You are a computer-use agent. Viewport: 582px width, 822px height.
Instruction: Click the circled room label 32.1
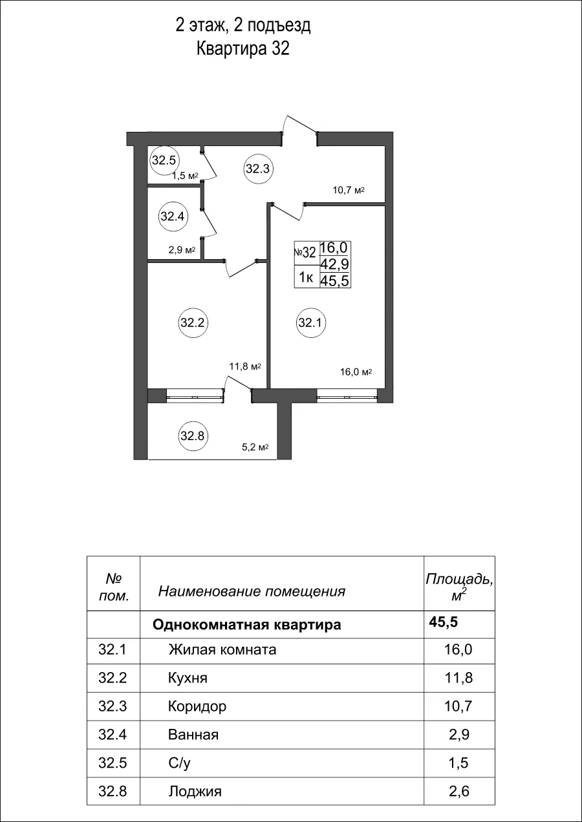tap(308, 322)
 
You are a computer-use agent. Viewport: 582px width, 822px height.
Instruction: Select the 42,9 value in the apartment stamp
tap(335, 263)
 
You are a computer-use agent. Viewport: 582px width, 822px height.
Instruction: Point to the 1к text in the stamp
tap(306, 278)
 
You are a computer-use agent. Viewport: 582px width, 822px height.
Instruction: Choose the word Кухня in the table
tap(188, 678)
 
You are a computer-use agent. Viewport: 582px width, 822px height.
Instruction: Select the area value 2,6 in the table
tap(458, 791)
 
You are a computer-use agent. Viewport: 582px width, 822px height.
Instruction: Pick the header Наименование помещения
tap(252, 591)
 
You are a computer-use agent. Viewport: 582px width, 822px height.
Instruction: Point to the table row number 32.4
tap(111, 734)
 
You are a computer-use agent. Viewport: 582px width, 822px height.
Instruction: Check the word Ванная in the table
tap(193, 735)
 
